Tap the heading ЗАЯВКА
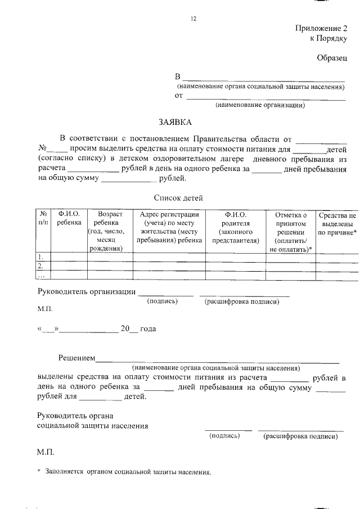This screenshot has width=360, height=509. pos(174,122)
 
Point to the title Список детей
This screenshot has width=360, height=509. pos(178,197)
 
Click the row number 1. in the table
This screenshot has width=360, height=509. pos(40,256)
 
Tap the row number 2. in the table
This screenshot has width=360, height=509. pos(40,266)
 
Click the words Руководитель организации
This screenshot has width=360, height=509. pos(87,291)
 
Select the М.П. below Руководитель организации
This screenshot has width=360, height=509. pos(45,309)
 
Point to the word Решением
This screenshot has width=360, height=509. pos(76,358)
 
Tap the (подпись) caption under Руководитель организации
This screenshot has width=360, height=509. pos(162,301)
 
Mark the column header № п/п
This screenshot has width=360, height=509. pos(43,219)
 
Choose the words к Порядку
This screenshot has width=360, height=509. pos(329,39)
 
